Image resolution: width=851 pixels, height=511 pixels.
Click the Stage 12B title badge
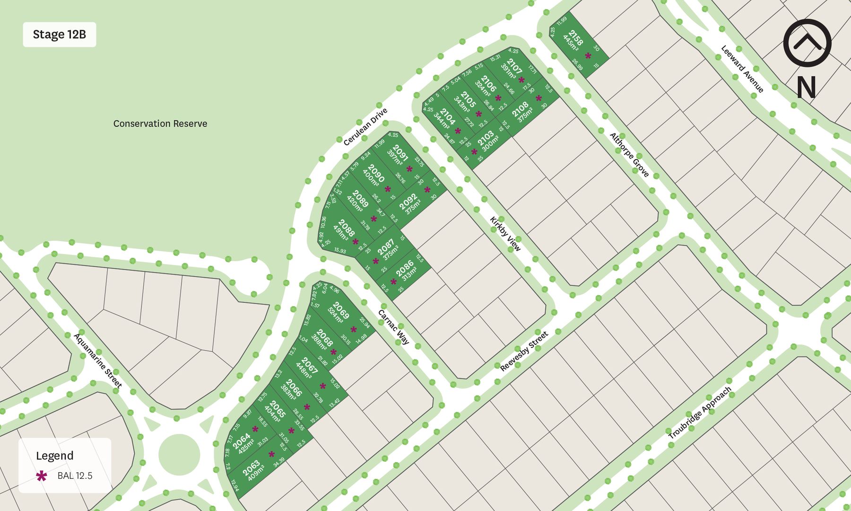(x=60, y=35)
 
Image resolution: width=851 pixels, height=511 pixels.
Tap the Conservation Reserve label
(x=160, y=123)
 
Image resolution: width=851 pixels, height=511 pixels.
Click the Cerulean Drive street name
(x=365, y=127)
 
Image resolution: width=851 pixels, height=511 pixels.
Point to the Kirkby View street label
(x=505, y=234)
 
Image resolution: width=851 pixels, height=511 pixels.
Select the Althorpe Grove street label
(x=629, y=155)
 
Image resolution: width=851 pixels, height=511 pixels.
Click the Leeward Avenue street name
(x=742, y=69)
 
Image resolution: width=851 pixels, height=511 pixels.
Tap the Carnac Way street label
(x=393, y=327)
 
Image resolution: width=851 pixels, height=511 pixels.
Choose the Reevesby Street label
(x=524, y=351)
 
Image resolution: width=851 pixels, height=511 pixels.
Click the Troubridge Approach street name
(x=700, y=413)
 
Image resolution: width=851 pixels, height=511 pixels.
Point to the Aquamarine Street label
(x=98, y=360)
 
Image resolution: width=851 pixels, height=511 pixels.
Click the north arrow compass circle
(x=807, y=43)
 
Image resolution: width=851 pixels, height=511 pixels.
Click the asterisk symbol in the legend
(x=42, y=476)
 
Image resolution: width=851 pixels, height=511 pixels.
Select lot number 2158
(x=575, y=36)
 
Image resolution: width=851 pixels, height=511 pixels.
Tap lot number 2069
(x=340, y=310)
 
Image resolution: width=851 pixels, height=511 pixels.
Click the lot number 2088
(x=347, y=228)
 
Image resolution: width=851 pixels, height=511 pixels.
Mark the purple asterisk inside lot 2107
(x=521, y=80)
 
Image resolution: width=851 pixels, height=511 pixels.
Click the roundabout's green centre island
(x=179, y=455)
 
